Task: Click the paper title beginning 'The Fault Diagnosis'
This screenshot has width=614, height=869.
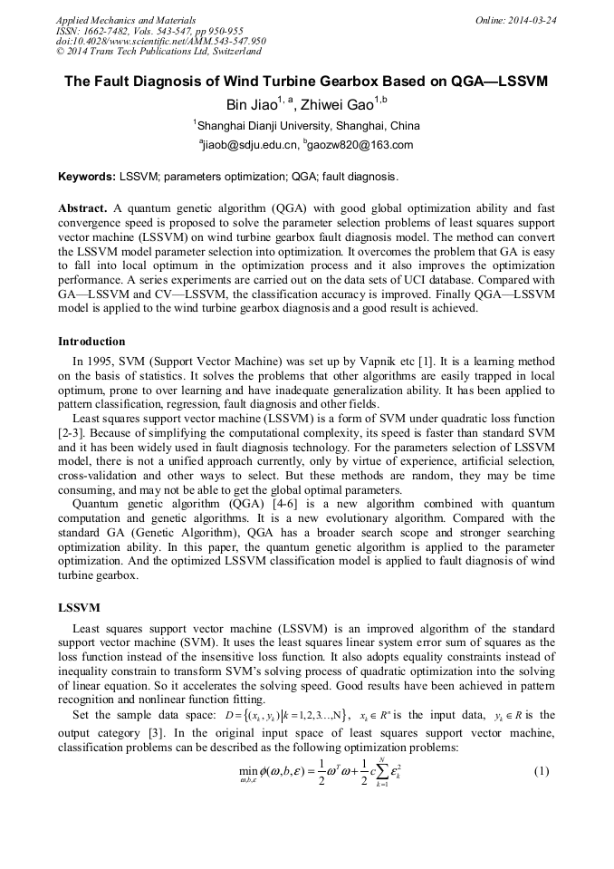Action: click(x=306, y=81)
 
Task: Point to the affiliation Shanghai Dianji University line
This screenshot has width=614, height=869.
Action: click(x=307, y=125)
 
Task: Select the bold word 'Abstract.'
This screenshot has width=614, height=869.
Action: click(x=83, y=207)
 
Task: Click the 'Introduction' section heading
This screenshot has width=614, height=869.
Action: click(x=91, y=342)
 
